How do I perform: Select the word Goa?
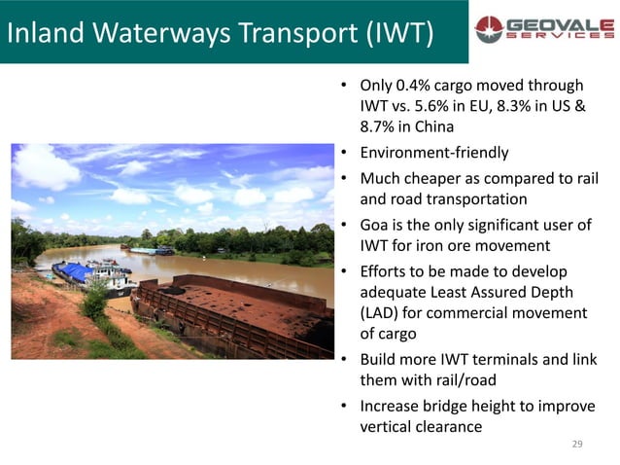tap(377, 225)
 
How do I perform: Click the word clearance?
tap(452, 427)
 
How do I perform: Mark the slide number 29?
tap(577, 445)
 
